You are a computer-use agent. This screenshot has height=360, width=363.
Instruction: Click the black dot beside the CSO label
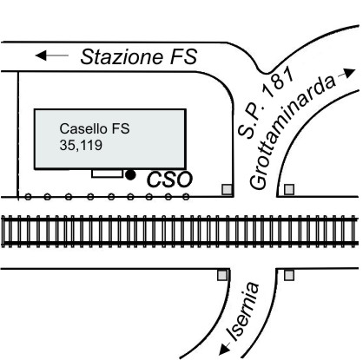[x=130, y=174]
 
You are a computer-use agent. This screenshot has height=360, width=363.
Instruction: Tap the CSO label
[x=169, y=180]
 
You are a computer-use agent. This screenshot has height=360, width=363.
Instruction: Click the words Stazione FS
[x=139, y=56]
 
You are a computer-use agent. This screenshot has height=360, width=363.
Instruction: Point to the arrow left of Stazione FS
[x=52, y=55]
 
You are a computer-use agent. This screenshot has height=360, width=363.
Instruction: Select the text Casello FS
[x=95, y=128]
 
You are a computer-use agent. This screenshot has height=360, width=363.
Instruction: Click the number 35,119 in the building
[x=81, y=145]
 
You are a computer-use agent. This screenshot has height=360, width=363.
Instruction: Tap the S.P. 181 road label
[x=266, y=102]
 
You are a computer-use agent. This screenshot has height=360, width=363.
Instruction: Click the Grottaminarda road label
[x=293, y=132]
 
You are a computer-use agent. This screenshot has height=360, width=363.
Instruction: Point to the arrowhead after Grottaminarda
[x=350, y=74]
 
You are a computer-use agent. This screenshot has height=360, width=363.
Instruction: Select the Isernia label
[x=244, y=311]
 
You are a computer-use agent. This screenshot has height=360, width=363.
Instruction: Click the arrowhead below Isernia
[x=224, y=350]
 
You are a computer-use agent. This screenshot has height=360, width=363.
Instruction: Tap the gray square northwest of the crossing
[x=227, y=190]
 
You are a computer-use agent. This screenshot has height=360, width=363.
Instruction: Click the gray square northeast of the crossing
[x=289, y=190]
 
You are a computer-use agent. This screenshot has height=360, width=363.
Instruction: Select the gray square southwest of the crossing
[x=222, y=275]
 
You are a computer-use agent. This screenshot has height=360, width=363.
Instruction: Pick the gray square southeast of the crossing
[x=289, y=275]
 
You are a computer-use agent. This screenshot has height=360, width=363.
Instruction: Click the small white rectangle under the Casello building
[x=107, y=173]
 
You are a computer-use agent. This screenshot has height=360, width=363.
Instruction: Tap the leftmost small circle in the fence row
[x=28, y=197]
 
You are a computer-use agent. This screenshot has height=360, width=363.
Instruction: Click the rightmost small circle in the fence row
[x=186, y=197]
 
